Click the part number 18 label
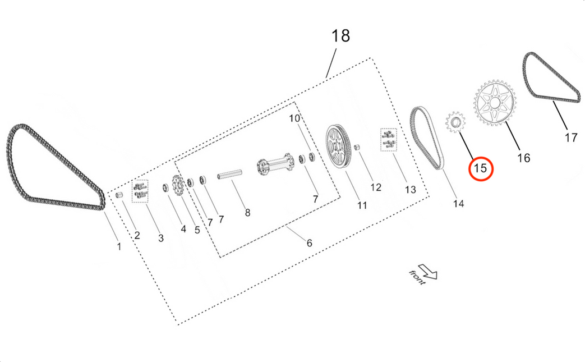[x=340, y=36]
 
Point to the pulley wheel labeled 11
[x=338, y=147]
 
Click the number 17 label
[x=570, y=138]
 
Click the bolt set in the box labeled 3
[x=140, y=191]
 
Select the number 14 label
[x=458, y=204]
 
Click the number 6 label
[x=309, y=243]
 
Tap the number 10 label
[x=295, y=118]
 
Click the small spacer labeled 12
[x=356, y=146]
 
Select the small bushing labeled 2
[x=119, y=194]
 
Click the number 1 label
[x=118, y=246]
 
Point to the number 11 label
[x=362, y=205]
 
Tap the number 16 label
[x=523, y=158]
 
